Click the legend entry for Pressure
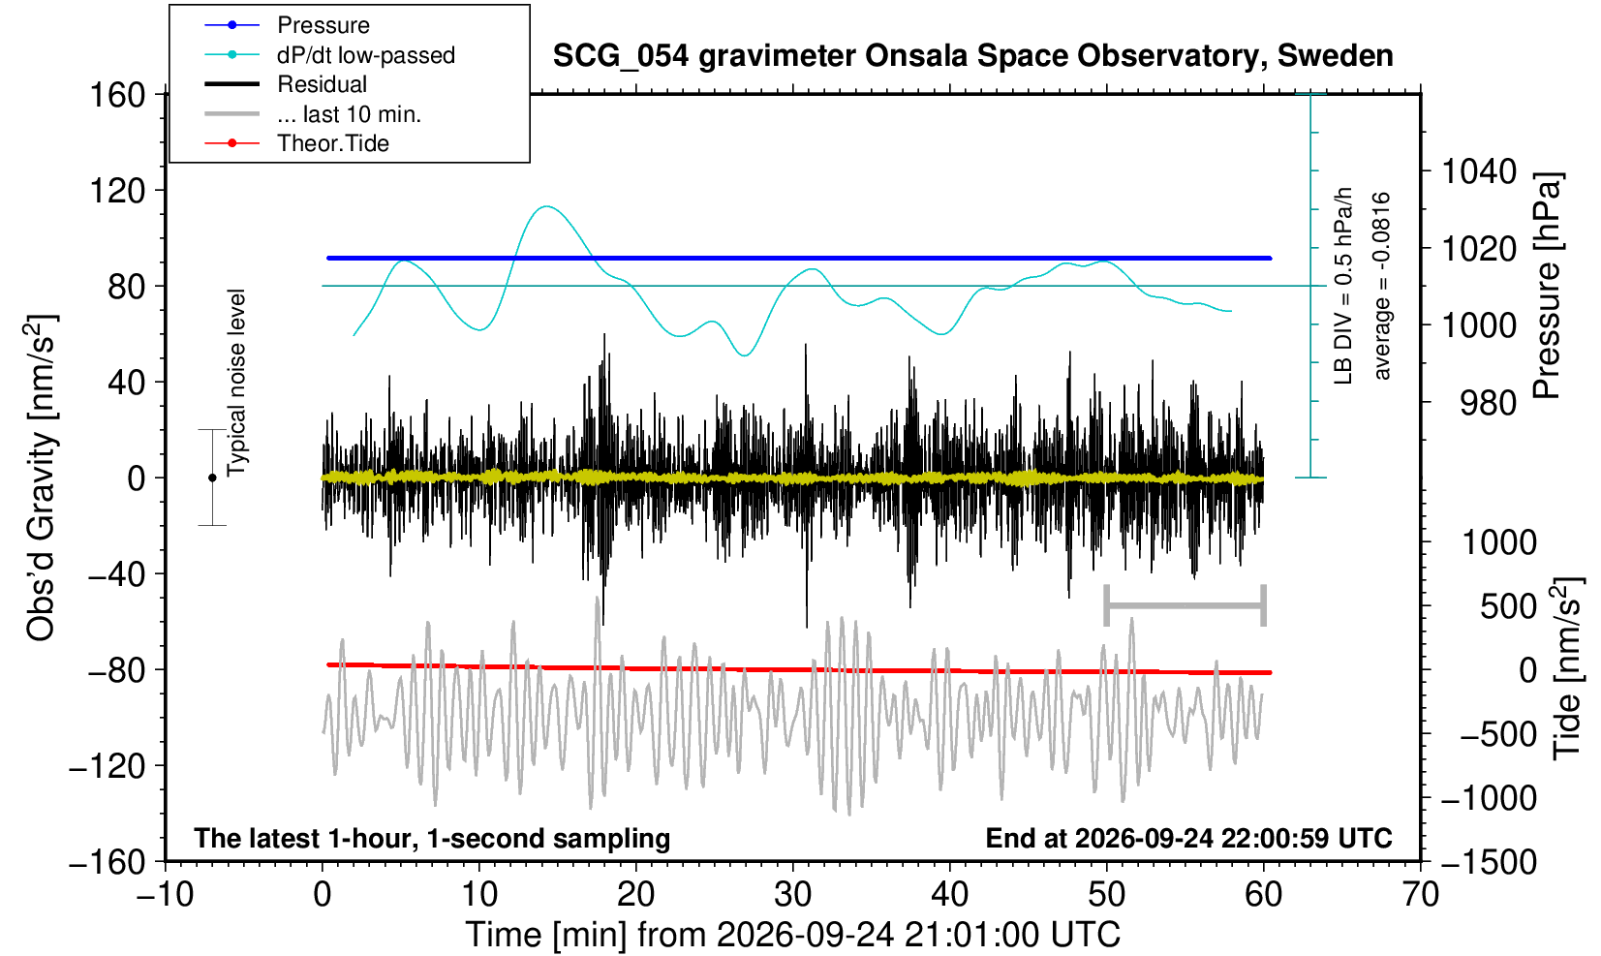point(323,26)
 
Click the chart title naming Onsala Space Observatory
point(972,56)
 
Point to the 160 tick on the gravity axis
point(117,95)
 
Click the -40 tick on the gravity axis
point(117,574)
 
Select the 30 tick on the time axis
point(792,894)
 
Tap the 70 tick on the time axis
point(1420,894)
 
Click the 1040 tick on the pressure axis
point(1479,171)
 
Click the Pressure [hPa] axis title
point(1548,286)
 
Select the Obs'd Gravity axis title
point(40,478)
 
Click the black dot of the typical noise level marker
point(212,478)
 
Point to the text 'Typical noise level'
point(236,384)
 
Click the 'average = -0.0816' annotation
point(1381,286)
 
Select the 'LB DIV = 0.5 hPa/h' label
point(1343,286)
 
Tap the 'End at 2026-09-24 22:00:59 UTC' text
point(1188,838)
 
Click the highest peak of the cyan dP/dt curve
point(547,206)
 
